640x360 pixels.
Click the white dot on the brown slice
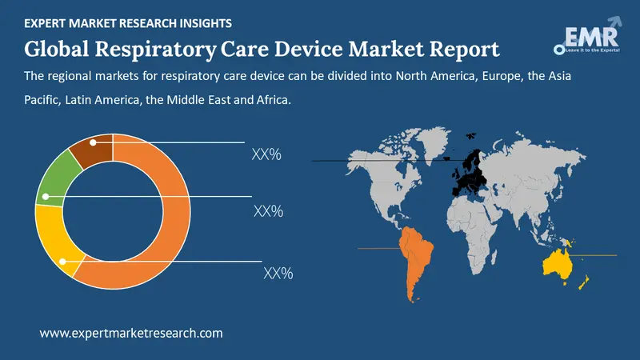click(x=94, y=142)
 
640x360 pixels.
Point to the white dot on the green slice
click(x=46, y=195)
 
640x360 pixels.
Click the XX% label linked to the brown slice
click(x=266, y=155)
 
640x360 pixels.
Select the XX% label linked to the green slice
click(x=268, y=212)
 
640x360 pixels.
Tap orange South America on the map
click(x=417, y=256)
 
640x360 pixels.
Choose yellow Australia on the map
click(x=560, y=264)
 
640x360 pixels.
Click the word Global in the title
click(x=60, y=50)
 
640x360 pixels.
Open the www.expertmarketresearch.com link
click(x=131, y=333)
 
